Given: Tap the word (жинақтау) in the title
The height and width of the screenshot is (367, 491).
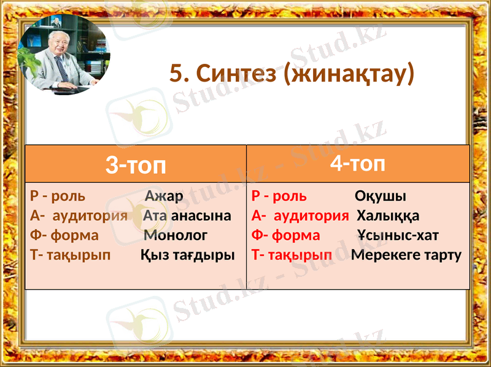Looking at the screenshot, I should click(347, 75).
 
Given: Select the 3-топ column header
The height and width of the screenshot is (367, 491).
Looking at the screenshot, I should click(136, 164).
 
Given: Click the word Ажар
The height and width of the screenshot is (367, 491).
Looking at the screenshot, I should click(164, 196).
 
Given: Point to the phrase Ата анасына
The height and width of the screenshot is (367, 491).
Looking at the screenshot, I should click(187, 216).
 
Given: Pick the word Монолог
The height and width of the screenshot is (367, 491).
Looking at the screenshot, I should click(176, 235).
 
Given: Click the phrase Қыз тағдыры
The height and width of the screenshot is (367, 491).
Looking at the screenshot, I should click(188, 255).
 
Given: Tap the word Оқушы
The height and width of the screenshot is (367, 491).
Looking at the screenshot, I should click(381, 196).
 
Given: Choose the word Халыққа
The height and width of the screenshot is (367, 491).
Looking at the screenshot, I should click(388, 216).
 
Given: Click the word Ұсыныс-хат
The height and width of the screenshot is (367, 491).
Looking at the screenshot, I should click(398, 235).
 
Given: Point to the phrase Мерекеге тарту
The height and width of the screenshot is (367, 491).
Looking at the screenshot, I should click(406, 255).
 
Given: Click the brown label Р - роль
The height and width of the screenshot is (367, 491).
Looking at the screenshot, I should click(58, 196).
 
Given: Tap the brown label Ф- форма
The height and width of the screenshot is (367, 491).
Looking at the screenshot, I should click(64, 235).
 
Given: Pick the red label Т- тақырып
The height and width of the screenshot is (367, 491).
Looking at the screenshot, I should click(292, 255).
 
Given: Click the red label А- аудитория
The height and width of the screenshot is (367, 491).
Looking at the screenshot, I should click(300, 216).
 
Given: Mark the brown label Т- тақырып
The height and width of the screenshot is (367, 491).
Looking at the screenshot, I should click(71, 255).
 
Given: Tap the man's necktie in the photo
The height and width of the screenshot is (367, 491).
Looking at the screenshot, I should click(62, 68).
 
